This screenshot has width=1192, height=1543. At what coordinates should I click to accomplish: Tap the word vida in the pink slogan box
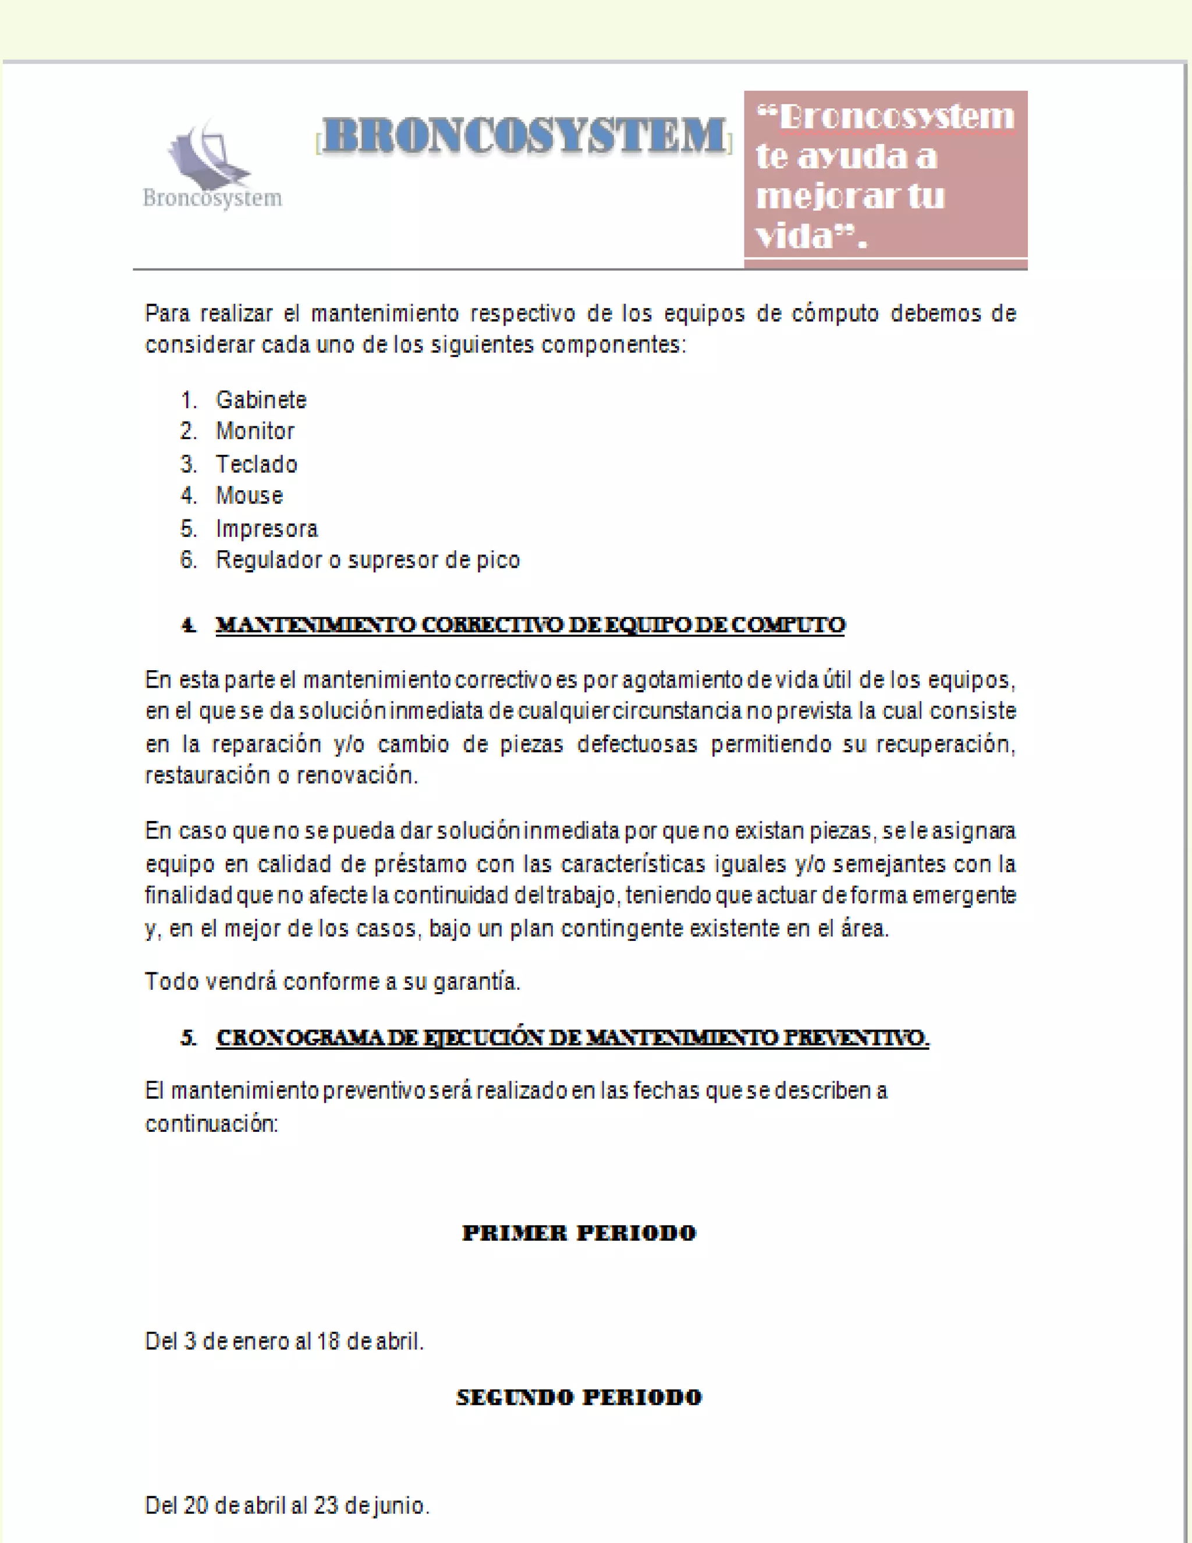794,236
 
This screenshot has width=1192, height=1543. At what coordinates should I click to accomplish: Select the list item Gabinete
261,400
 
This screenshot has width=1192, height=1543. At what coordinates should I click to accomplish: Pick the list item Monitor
255,431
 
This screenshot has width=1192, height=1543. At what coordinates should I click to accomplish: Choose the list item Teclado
256,464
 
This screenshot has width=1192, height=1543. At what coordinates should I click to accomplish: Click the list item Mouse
249,496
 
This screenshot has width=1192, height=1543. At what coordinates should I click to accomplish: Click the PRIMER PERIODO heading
579,1233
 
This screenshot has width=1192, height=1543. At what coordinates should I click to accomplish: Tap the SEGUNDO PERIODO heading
579,1397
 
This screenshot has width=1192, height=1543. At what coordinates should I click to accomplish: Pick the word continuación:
212,1123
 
